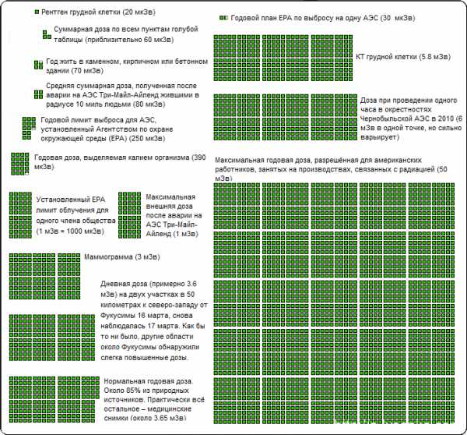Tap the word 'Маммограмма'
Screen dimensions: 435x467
(x=112, y=257)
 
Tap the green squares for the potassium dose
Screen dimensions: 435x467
(x=19, y=163)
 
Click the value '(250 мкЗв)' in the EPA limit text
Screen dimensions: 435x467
(x=146, y=140)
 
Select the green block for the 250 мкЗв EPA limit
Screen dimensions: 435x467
(x=29, y=126)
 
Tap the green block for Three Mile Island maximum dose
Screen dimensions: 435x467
(x=128, y=210)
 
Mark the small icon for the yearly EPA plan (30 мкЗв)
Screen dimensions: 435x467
(x=224, y=17)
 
